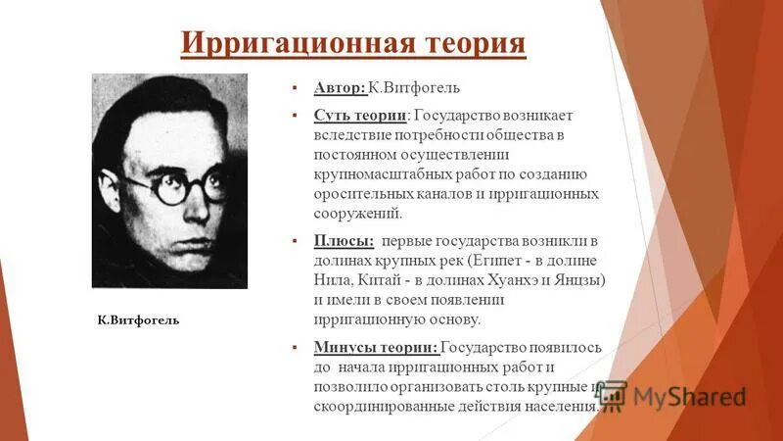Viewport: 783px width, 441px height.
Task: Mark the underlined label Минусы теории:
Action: (376, 347)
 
